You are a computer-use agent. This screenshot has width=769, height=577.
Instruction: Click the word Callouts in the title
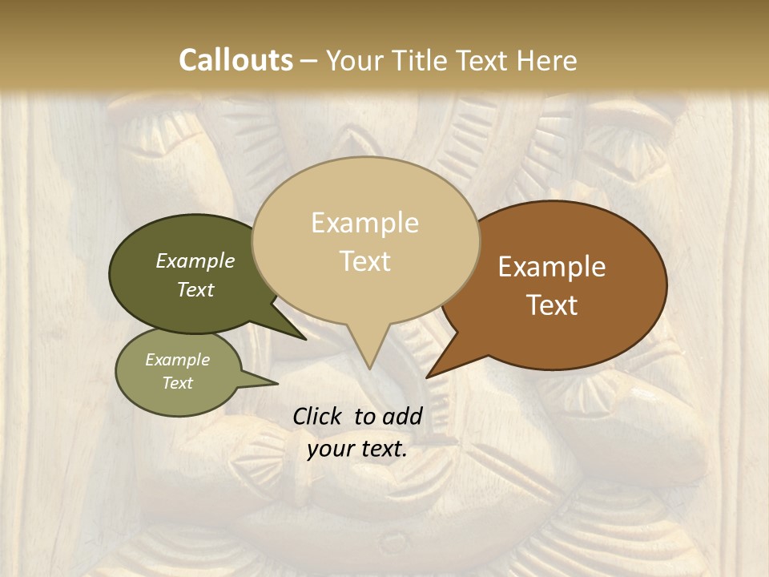(x=236, y=60)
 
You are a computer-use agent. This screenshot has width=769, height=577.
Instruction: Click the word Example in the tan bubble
(x=365, y=223)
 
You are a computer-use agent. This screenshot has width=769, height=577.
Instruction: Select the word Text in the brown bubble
(x=552, y=305)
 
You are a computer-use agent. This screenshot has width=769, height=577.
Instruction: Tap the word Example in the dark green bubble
(x=195, y=260)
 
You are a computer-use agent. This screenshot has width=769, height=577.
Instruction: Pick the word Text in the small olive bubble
(x=178, y=382)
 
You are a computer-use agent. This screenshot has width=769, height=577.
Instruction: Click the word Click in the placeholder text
(x=320, y=416)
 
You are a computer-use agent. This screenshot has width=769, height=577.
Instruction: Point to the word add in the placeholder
(x=402, y=416)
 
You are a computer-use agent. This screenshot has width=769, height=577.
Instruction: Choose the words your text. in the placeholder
(x=357, y=449)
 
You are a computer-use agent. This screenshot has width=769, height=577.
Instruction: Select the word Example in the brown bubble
(x=552, y=267)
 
